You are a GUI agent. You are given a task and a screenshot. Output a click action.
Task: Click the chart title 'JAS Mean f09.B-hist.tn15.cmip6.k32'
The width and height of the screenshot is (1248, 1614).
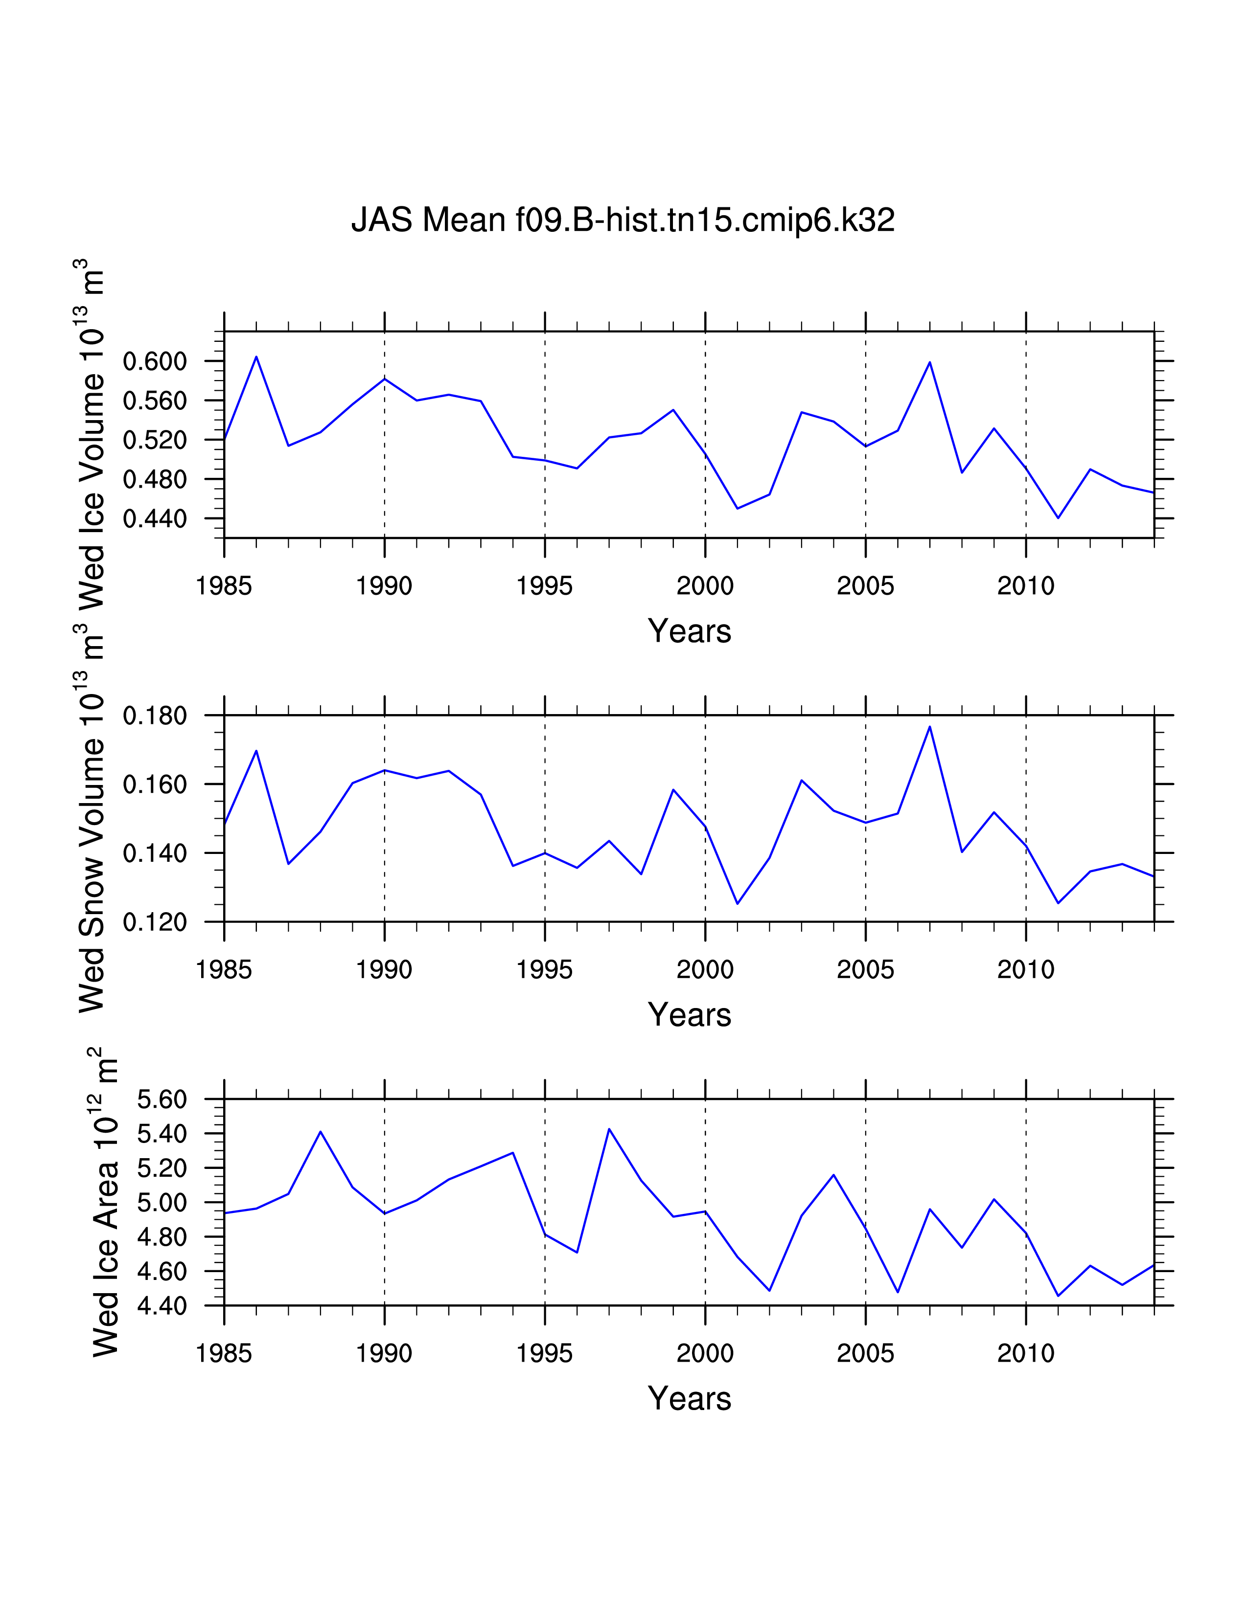click(623, 220)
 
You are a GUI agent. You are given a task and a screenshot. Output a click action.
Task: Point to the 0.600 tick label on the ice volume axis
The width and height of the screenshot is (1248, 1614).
click(155, 361)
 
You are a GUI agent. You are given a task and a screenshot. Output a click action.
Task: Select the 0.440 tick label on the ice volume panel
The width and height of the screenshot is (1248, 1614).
click(155, 519)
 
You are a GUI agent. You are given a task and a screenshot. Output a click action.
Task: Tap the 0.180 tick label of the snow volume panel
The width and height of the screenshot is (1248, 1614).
click(155, 716)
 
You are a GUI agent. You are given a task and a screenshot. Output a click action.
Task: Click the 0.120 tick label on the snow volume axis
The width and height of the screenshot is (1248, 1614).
click(155, 922)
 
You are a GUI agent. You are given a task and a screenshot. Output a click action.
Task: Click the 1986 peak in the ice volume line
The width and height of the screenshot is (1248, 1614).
click(256, 357)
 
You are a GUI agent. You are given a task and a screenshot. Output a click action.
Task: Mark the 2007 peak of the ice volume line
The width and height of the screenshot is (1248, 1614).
click(929, 362)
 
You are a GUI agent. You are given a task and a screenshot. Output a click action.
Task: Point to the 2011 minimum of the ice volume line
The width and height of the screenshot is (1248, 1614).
click(1058, 518)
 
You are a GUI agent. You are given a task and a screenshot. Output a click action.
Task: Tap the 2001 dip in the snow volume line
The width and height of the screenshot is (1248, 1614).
click(737, 903)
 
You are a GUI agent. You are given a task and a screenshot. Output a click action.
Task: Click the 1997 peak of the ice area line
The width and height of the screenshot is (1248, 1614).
click(609, 1129)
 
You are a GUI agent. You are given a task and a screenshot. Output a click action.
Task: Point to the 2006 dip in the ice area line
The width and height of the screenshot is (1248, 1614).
click(898, 1292)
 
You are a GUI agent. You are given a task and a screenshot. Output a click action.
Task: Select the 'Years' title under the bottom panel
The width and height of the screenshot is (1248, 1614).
click(689, 1399)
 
